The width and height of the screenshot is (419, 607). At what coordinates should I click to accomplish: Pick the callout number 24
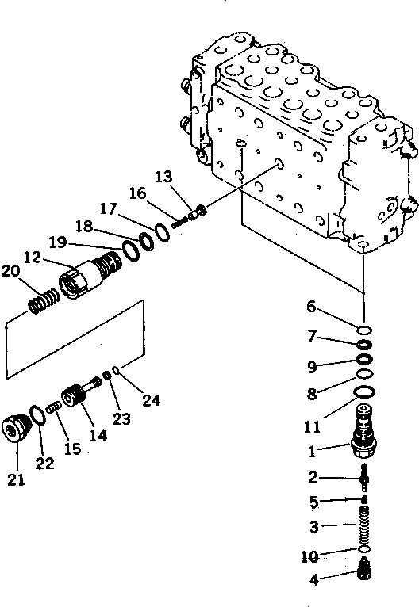151,400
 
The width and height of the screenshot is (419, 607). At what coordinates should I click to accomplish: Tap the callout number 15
72,449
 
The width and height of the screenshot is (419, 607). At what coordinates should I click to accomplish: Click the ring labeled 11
364,392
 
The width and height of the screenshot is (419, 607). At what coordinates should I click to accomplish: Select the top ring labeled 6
364,330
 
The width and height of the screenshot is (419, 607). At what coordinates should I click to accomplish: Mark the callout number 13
163,176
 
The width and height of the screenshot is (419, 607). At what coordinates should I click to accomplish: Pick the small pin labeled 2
364,478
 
